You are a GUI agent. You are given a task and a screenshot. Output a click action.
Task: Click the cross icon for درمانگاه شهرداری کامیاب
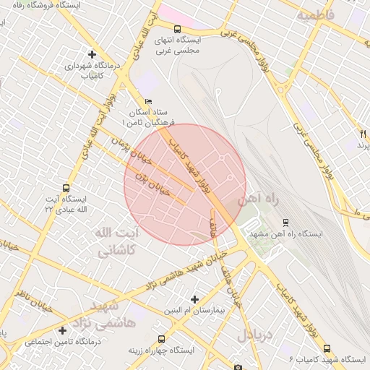(92, 54)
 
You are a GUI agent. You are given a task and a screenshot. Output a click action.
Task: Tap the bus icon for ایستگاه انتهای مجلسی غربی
(158, 30)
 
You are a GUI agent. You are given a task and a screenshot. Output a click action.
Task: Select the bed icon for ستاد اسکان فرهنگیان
(149, 102)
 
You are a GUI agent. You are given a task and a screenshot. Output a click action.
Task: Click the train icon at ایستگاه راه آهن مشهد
(286, 222)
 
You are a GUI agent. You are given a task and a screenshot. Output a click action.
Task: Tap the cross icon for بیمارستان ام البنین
(194, 298)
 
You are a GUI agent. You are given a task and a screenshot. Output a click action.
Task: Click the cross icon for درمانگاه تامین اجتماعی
(64, 330)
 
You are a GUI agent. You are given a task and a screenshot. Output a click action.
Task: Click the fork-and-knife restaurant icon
(363, 134)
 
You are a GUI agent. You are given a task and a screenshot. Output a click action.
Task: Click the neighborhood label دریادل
(256, 335)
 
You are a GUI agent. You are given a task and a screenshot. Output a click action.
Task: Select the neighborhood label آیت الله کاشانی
(115, 241)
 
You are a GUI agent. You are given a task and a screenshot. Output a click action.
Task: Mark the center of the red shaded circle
(185, 184)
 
